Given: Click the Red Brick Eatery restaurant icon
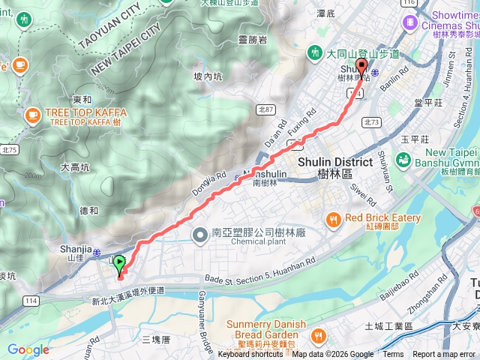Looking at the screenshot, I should point(334,219).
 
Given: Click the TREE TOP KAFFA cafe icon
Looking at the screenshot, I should point(32,114).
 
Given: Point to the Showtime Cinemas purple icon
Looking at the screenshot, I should point(410,22).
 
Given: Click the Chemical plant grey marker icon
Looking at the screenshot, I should point(199,237).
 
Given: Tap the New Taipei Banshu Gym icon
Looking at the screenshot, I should point(403,160).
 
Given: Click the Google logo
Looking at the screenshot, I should point(28,349).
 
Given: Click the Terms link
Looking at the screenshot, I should point(392,355).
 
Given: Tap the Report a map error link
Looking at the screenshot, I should point(444,355).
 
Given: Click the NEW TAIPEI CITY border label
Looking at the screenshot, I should point(125,49).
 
